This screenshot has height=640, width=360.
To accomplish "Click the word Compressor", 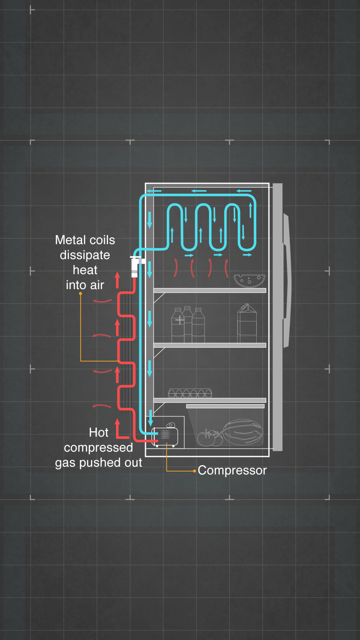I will (x=232, y=470).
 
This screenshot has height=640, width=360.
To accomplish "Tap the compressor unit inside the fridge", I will (x=166, y=436).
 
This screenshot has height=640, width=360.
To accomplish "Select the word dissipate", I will (x=85, y=255).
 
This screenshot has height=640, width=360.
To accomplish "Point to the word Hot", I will (x=99, y=433).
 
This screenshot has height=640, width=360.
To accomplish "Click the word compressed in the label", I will (x=98, y=448).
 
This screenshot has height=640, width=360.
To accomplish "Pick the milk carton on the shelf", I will (x=247, y=323).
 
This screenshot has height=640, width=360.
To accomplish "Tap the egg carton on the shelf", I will (x=190, y=393).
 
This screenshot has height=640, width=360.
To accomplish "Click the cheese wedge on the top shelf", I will (x=249, y=280).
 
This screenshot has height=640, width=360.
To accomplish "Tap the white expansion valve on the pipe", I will (x=135, y=266).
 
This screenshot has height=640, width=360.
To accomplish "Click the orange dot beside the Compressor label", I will (x=194, y=471).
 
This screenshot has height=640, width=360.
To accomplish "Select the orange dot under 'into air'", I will (x=80, y=294).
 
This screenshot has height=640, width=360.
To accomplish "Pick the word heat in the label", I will (x=85, y=270).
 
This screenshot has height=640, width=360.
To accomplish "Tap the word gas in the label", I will (x=65, y=463).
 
